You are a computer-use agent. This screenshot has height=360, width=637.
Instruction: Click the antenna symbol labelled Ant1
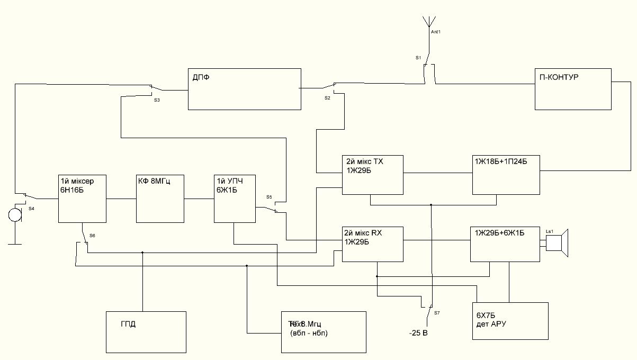point(428,22)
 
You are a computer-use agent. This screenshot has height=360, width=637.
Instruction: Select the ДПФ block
point(244,88)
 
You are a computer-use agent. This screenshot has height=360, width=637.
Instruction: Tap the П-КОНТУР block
point(573,88)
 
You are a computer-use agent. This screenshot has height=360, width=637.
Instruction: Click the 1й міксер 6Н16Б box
point(82,198)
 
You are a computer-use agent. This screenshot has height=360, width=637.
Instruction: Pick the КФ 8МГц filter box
point(160,198)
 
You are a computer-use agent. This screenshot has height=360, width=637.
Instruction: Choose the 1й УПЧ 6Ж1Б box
point(235,198)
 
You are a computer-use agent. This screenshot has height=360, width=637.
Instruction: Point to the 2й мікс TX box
point(373,174)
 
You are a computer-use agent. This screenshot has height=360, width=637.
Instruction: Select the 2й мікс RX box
point(373,244)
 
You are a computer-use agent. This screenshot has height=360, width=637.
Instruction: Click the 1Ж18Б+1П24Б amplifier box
point(505,174)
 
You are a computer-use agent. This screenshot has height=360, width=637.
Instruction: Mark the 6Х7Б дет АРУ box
point(510,321)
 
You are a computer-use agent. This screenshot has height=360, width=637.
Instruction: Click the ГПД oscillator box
point(146,332)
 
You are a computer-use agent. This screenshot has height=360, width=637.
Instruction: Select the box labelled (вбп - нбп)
point(324,332)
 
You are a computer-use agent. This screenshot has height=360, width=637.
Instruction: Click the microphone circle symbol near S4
point(14,215)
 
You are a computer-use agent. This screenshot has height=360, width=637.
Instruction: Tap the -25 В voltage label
point(418,334)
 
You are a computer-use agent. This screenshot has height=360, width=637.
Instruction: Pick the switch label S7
point(437,313)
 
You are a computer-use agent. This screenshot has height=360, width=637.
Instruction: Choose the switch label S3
point(157,100)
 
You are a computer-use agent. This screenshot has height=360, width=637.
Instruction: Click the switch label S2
point(327,98)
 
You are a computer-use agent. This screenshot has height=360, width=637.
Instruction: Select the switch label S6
point(93,235)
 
